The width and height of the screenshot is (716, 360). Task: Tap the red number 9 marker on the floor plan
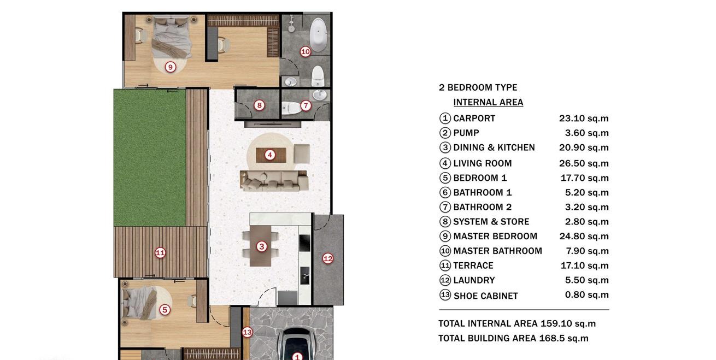pos(171,67)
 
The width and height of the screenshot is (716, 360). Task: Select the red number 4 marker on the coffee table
pos(270,155)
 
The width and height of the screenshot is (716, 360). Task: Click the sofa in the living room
pos(274,181)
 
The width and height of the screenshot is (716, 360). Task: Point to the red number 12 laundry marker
pos(328,258)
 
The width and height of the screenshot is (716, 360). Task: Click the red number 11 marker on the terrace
pos(160,253)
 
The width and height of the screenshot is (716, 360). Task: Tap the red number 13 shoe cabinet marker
pos(247,333)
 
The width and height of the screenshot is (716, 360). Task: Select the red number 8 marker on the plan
pos(259,105)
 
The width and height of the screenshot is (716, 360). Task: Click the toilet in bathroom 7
pos(291,108)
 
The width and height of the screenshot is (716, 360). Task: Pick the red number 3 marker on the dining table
pos(262,246)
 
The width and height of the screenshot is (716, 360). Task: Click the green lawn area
pos(150,158)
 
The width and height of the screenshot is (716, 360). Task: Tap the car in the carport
pos(297,344)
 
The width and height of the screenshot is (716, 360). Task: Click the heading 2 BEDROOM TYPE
pos(478,87)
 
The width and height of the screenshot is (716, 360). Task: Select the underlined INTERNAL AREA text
pos(489,102)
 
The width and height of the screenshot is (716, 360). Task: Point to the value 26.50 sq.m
pos(584,163)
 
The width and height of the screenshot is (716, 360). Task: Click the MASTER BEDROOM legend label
pos(495,237)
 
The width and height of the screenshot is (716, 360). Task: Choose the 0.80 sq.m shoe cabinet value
pos(586,295)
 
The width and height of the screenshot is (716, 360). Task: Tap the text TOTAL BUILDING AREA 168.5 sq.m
pos(513,338)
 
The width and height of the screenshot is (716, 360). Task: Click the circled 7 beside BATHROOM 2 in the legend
pos(445,207)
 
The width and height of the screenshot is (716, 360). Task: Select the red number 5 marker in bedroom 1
pos(165,310)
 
